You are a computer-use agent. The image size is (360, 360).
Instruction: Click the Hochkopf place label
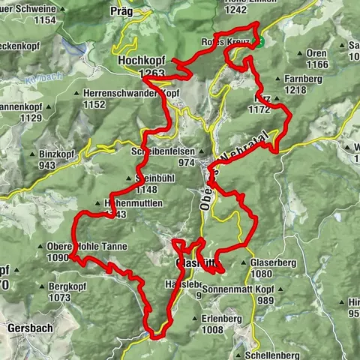(141, 58)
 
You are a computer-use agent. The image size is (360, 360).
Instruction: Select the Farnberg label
(303, 78)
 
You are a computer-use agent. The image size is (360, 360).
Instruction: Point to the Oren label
(318, 53)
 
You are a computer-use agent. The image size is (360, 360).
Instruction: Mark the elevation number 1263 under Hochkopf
(151, 73)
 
